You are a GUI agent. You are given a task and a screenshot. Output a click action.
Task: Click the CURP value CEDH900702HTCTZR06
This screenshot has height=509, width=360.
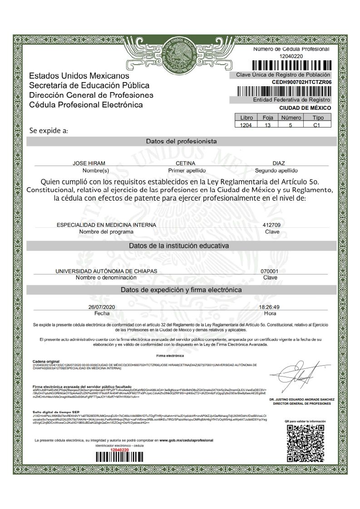[x=301, y=82]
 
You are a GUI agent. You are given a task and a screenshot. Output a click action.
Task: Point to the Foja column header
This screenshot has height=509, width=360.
[x=268, y=117]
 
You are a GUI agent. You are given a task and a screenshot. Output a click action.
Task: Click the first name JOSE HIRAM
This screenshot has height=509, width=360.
[x=89, y=163]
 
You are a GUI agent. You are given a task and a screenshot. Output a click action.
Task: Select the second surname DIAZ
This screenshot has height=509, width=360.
[x=279, y=163]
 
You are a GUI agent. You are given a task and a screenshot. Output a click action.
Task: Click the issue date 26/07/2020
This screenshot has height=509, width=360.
[x=102, y=307]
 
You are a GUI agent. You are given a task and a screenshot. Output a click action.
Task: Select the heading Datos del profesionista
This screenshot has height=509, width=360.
[x=181, y=141]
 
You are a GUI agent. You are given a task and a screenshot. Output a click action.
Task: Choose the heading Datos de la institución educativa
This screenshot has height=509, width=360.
[x=179, y=245]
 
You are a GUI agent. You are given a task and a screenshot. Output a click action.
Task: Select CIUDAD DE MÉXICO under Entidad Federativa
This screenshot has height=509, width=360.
[x=305, y=108]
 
